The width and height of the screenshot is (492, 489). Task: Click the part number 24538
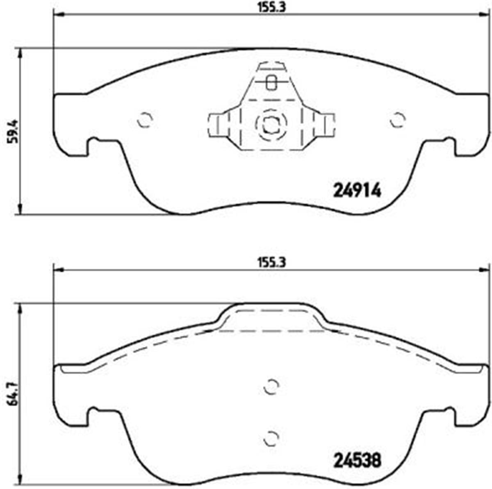pyautogui.click(x=358, y=460)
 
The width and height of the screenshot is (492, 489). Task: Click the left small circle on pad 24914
pyautogui.click(x=145, y=120)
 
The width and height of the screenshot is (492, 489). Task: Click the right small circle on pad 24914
pyautogui.click(x=397, y=120)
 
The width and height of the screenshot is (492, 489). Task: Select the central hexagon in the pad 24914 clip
pyautogui.click(x=270, y=123)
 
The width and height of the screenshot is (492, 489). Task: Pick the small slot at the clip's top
pyautogui.click(x=271, y=82)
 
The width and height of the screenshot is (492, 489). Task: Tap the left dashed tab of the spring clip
pyautogui.click(x=217, y=125)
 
